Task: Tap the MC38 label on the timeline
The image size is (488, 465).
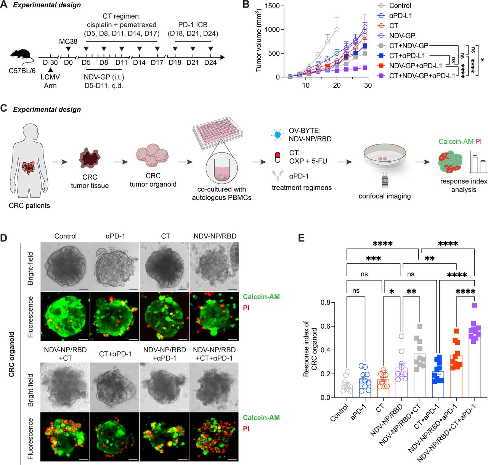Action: (68, 41)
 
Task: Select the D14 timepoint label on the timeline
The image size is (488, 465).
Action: (139, 63)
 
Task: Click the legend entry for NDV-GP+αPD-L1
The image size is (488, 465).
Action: (415, 66)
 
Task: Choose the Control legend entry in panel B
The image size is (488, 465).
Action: (400, 6)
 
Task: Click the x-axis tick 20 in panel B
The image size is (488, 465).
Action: (337, 85)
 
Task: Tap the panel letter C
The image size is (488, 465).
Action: (4, 108)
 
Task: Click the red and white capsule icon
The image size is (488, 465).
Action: (278, 156)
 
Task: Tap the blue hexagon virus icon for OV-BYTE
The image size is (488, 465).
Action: (278, 134)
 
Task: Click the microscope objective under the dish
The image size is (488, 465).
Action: (384, 181)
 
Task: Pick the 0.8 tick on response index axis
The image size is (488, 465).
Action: (325, 303)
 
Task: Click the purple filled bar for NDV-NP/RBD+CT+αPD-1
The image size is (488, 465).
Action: (475, 362)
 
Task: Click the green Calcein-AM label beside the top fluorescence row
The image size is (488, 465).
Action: (261, 297)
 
